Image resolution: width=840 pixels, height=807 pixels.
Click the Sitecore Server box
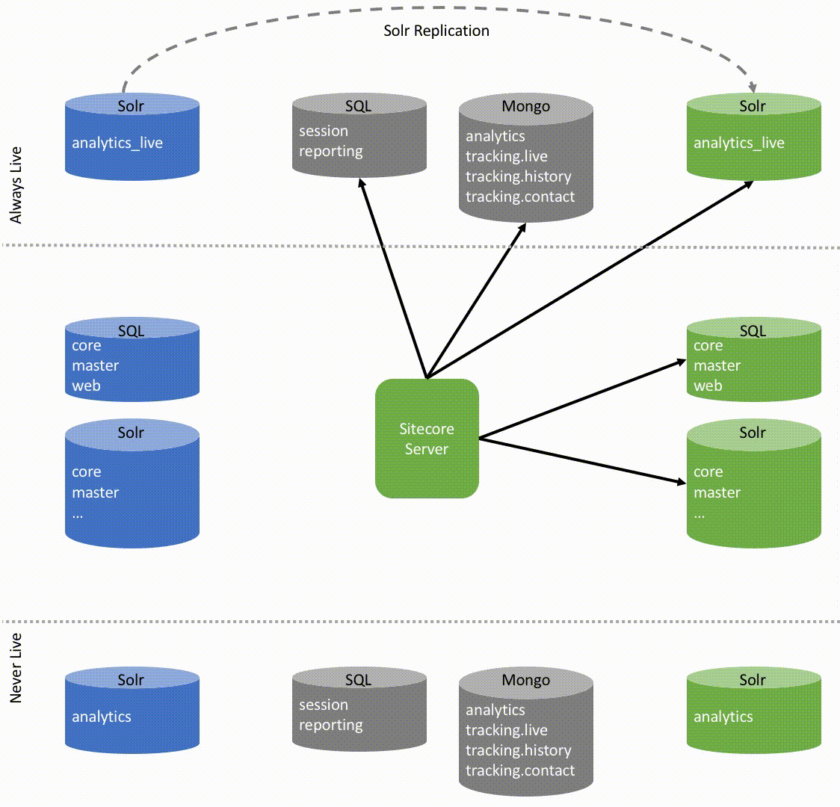pos(426,439)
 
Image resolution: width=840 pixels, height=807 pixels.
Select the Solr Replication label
pos(436,31)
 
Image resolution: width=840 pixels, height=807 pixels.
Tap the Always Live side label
pos(16,185)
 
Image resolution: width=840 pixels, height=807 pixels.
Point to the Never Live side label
pos(16,667)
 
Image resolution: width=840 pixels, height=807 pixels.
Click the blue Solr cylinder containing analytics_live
pos(132,137)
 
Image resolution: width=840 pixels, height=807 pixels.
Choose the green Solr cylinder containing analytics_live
pos(753,137)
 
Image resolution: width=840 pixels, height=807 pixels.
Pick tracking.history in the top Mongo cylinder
pos(518,177)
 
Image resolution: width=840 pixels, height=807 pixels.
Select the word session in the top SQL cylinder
pos(324,132)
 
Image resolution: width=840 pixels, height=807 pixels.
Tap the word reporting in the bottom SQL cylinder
pos(331,726)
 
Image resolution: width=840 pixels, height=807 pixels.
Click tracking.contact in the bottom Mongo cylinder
pos(520,771)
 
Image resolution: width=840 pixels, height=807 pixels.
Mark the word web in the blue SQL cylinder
pos(86,386)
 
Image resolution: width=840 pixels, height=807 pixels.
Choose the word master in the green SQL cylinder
pos(717,366)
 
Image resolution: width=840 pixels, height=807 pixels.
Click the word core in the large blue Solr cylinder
pos(86,472)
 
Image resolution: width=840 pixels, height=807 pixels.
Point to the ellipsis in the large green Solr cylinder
pos(699,514)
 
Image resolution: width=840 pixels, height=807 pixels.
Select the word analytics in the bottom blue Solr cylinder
pos(102,717)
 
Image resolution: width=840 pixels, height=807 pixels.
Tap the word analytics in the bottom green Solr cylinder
pos(723,717)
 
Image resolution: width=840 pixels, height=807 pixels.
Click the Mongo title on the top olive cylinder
pos(525,107)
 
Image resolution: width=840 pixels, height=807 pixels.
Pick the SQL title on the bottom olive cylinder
pos(358,680)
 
